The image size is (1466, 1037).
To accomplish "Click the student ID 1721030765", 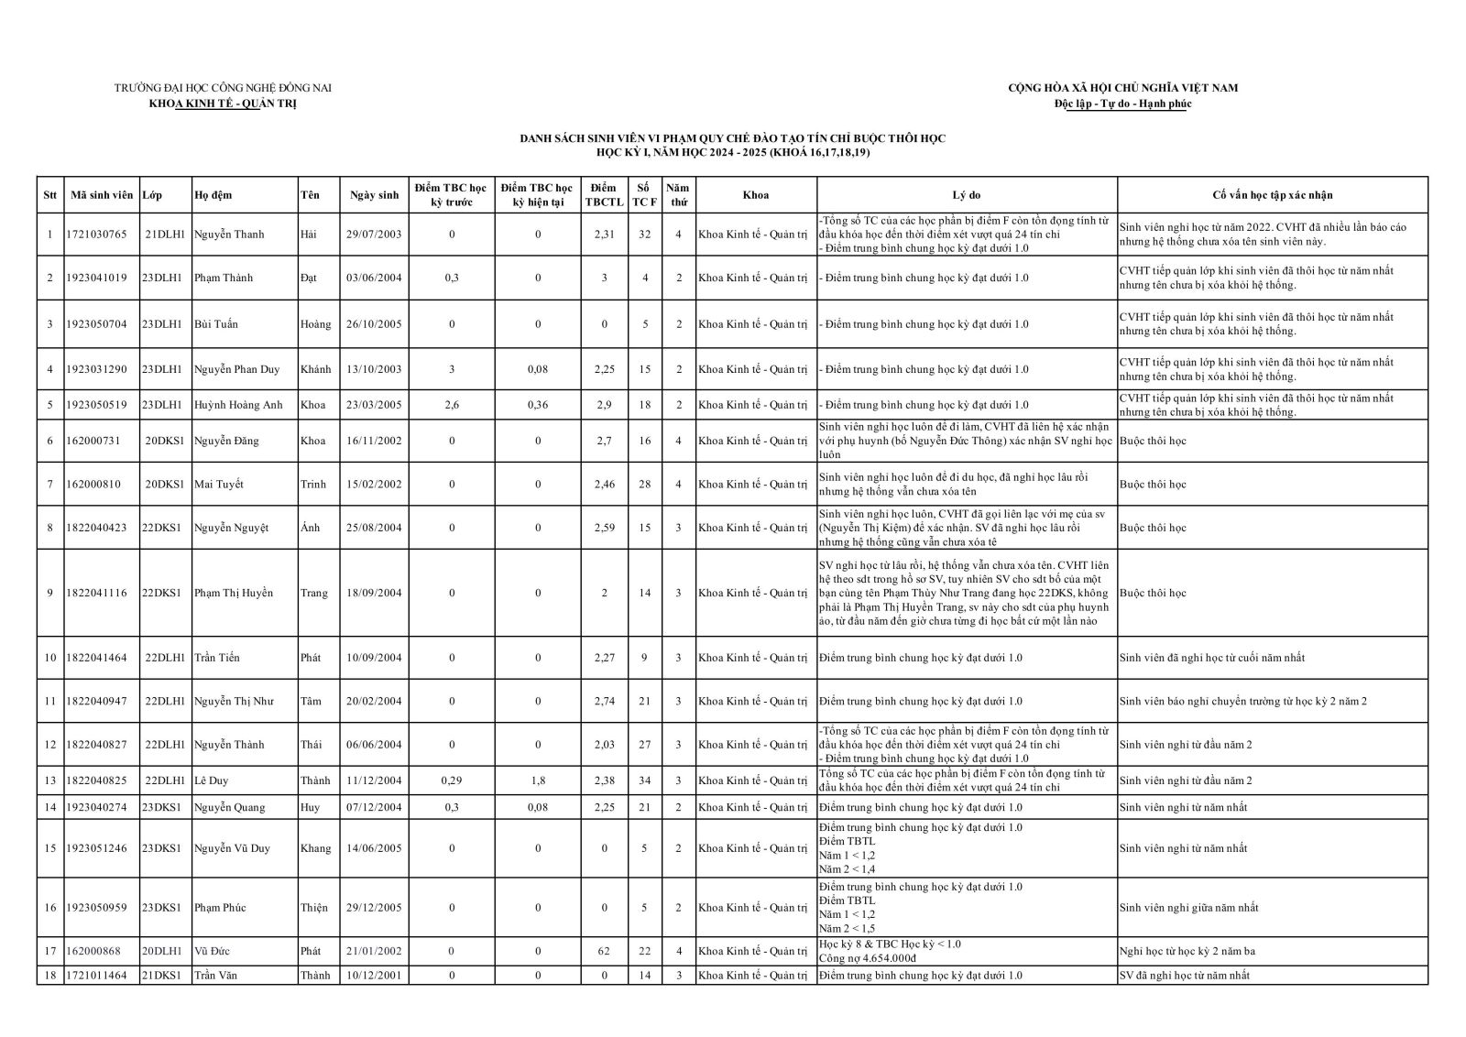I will point(96,235).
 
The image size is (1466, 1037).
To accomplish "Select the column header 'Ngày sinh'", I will point(374,195).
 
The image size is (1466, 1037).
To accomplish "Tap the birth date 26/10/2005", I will point(374,324).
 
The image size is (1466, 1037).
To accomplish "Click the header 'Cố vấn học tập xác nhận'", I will point(1272,195).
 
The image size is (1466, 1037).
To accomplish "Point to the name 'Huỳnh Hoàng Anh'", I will point(238,405).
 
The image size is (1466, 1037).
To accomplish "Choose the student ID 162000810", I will point(93,485).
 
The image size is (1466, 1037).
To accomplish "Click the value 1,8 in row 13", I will point(538,781).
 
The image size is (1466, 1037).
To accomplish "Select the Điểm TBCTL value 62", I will point(604,952).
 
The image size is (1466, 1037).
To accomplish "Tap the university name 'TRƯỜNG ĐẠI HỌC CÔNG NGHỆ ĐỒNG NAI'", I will point(223,88).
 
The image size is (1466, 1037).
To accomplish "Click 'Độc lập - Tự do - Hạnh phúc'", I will point(1122,104).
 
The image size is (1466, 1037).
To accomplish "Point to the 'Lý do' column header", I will point(967,195).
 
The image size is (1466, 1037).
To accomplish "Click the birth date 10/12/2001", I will point(374,976).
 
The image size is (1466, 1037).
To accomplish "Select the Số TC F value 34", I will point(645,781).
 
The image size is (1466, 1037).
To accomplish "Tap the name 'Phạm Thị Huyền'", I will point(234,594).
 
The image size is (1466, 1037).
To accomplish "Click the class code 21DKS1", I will point(163,976).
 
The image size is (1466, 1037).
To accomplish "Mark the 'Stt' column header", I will point(50,195).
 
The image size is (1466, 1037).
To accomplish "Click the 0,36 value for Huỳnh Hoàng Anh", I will point(538,405).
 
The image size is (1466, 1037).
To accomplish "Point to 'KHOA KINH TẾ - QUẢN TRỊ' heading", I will point(223,104).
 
